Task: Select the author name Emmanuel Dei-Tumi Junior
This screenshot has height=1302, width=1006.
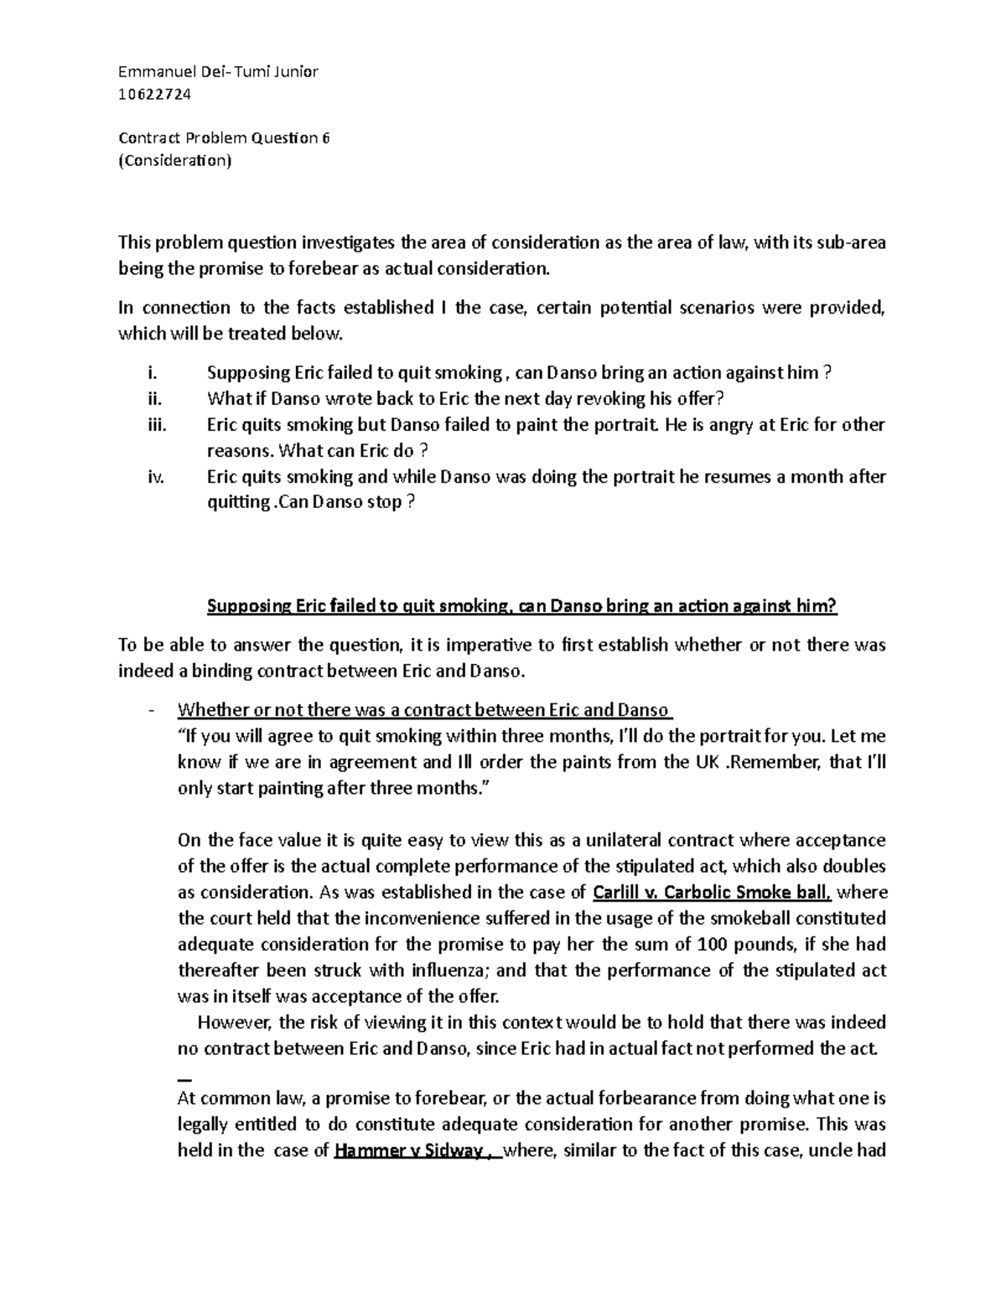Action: (218, 72)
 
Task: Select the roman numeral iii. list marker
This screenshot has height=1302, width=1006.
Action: (155, 425)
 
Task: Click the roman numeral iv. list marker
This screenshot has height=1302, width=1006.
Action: (155, 477)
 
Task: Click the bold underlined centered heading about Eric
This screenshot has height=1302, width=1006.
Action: (521, 607)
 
